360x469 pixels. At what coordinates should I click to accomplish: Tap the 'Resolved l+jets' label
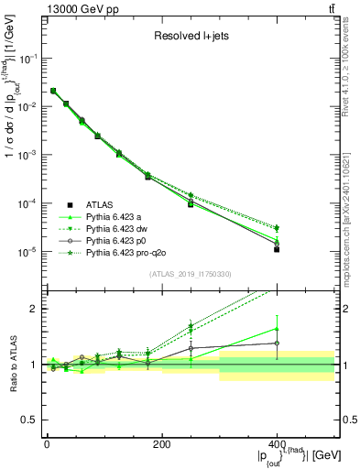click(190, 38)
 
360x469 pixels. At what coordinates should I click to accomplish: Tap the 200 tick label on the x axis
click(161, 445)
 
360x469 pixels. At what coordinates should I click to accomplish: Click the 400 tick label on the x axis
click(277, 445)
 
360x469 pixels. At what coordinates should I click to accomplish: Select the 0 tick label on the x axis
click(47, 445)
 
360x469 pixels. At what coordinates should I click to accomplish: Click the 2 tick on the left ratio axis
click(35, 309)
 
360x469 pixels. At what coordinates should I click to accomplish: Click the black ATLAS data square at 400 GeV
click(277, 249)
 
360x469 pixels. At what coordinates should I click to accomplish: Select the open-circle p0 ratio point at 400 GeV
click(277, 344)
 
